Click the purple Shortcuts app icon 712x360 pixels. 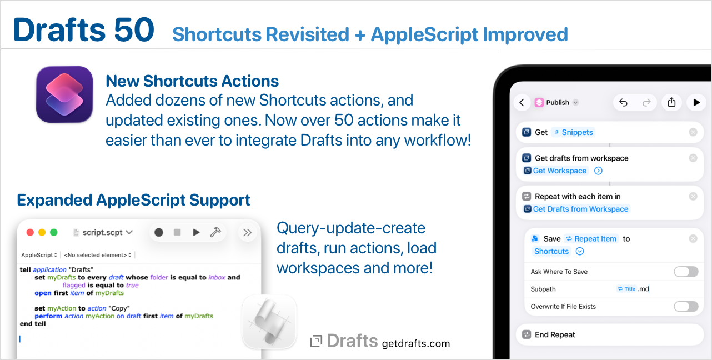tap(64, 94)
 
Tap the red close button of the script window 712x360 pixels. tap(30, 232)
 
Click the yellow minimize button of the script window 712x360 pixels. tap(42, 232)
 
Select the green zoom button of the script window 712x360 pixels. tap(54, 232)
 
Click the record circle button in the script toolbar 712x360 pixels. tap(159, 232)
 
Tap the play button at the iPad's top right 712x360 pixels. tap(696, 102)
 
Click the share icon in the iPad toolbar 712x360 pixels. tap(671, 102)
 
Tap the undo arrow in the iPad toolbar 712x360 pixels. tap(623, 102)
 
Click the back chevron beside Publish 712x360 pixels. tap(522, 102)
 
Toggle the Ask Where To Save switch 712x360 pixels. tap(686, 272)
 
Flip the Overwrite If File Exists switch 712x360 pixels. tap(686, 307)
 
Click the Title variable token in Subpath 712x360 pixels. tap(626, 289)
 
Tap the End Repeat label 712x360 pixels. tap(555, 334)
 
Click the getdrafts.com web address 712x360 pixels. tap(416, 343)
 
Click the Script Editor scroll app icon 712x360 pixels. tap(269, 322)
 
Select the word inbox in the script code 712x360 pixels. tap(217, 277)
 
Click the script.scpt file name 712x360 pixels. tap(102, 232)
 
